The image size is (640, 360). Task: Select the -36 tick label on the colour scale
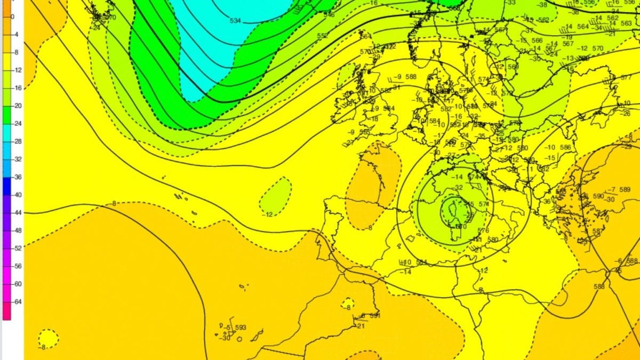coord(16,178)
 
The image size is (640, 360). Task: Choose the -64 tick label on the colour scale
coord(16,302)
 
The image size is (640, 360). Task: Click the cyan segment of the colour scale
coord(6,133)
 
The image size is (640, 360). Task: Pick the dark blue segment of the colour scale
coord(6,186)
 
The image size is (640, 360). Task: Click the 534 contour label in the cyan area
coord(235,21)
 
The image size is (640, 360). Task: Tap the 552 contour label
coord(323,36)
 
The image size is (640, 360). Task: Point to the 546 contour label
coord(329,14)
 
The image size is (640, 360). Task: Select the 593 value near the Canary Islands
coord(241,327)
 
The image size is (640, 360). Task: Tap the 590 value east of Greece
coord(598,196)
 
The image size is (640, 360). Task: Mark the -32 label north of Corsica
coord(458,187)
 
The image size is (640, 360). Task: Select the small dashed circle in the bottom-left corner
coord(48,338)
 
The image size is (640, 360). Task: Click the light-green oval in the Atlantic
coord(276,194)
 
